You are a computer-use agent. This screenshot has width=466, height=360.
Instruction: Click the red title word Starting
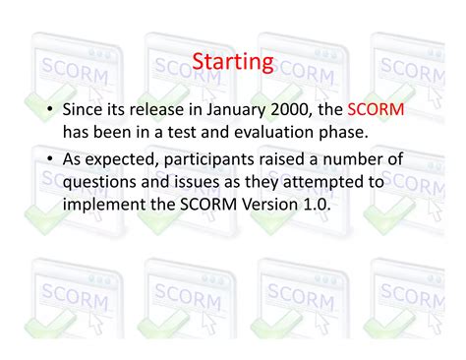232,63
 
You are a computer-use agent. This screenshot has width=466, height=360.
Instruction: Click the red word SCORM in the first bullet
376,110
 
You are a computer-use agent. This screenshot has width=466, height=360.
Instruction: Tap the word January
231,110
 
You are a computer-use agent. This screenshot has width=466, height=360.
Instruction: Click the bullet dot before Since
49,111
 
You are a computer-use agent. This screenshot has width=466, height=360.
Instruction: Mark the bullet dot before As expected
49,160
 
